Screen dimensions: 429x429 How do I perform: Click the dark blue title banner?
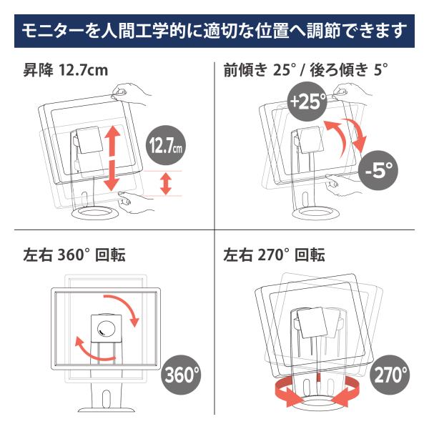click(x=214, y=31)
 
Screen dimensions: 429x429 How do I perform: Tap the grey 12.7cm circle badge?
click(x=166, y=145)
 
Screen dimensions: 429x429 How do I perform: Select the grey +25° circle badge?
click(x=307, y=102)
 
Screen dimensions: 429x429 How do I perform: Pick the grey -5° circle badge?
click(x=378, y=170)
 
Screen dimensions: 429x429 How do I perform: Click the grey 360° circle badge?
click(x=181, y=375)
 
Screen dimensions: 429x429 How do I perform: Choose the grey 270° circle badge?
click(x=390, y=375)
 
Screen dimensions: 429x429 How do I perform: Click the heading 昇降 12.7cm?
click(x=66, y=70)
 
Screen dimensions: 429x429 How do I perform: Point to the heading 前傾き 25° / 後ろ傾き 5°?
click(x=305, y=70)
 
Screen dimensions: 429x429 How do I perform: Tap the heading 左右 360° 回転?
click(x=74, y=255)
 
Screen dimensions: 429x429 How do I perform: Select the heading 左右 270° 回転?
click(x=274, y=255)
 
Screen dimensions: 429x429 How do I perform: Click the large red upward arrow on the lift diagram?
click(x=112, y=141)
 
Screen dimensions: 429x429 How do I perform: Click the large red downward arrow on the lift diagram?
click(x=112, y=176)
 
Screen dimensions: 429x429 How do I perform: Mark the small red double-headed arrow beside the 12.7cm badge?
click(x=166, y=184)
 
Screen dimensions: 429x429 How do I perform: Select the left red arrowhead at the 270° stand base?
click(x=290, y=394)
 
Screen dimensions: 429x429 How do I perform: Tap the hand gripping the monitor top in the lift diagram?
click(x=131, y=93)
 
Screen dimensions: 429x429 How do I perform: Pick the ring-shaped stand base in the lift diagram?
click(x=95, y=212)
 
